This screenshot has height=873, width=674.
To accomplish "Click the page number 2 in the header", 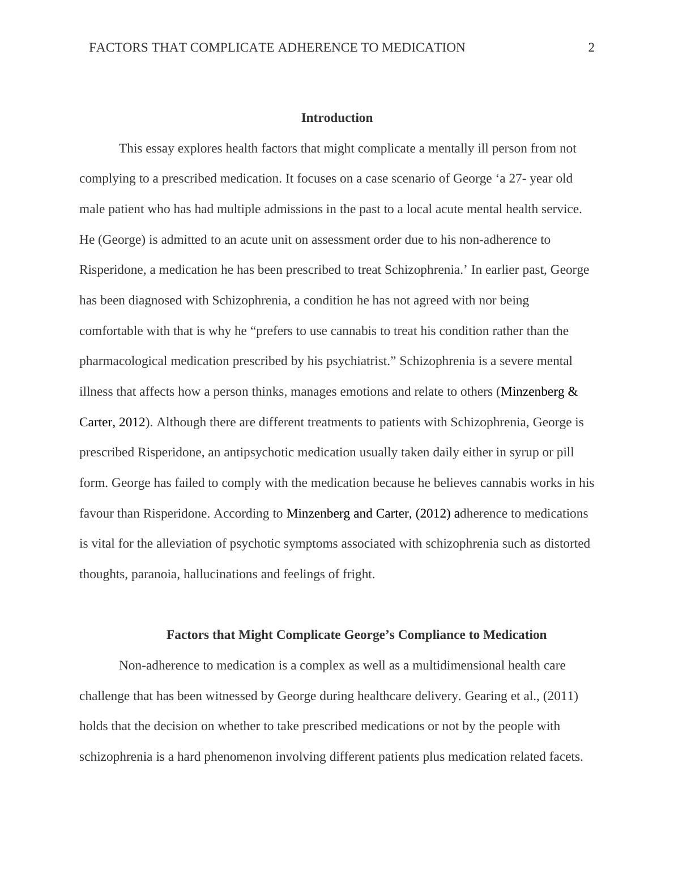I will point(591,48).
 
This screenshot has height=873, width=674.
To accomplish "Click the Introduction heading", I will point(336,118).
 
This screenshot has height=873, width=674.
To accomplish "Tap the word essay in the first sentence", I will point(160,149).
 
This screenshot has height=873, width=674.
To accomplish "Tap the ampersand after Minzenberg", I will point(573,392).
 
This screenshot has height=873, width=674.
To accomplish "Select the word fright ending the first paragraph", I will point(358,574).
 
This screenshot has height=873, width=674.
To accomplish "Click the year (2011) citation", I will point(560,696).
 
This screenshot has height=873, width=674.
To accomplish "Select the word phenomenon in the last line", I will point(238,757).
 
